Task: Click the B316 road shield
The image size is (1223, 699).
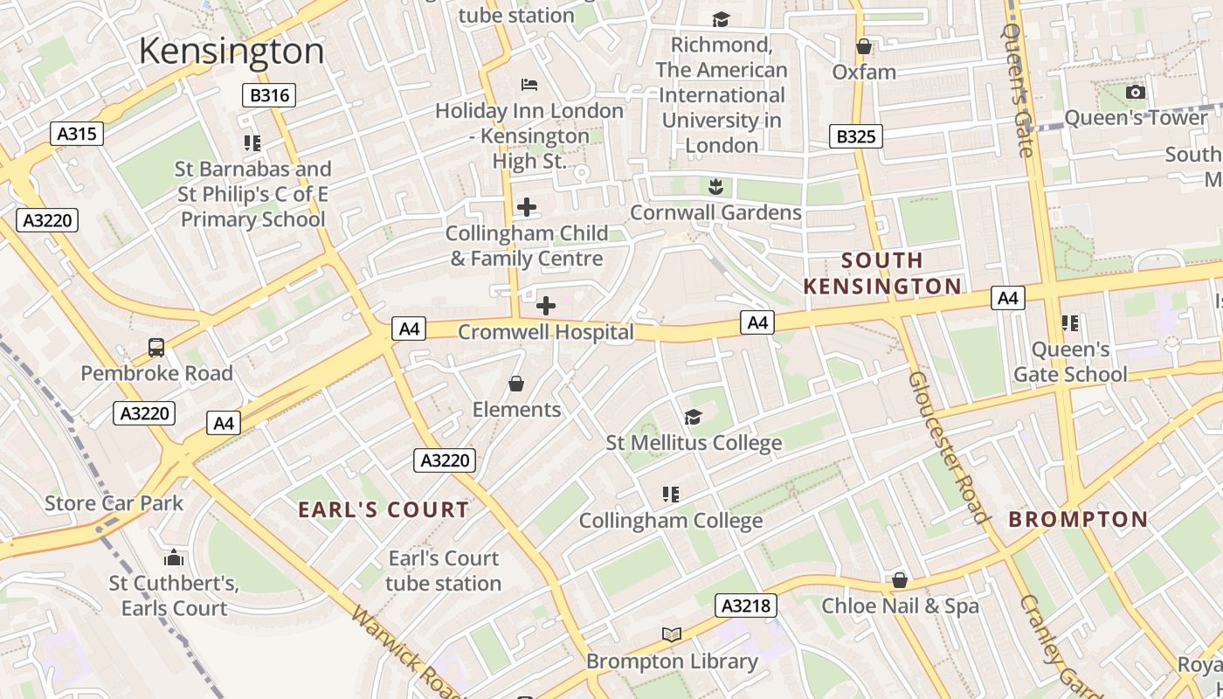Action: (x=269, y=95)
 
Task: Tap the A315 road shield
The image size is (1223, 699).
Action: (x=77, y=134)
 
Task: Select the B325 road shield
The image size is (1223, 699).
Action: (x=855, y=136)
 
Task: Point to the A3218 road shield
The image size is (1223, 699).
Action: (x=746, y=606)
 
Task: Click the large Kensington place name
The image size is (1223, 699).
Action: (x=231, y=52)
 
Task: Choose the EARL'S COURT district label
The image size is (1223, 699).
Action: (x=383, y=510)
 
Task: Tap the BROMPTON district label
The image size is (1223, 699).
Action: (x=1078, y=520)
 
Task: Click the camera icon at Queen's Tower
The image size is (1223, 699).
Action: (x=1135, y=92)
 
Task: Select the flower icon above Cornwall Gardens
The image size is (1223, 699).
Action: (x=715, y=186)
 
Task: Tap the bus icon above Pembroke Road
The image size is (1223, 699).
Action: (x=156, y=348)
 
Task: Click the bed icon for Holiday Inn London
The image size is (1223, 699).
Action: (x=529, y=85)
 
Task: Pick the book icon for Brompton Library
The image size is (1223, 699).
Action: (x=671, y=635)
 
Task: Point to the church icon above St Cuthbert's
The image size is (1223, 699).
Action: (x=174, y=557)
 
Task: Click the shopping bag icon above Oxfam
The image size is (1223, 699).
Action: (x=864, y=46)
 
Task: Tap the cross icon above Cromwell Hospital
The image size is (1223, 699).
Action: (x=546, y=306)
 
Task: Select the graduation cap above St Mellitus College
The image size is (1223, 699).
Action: (x=694, y=417)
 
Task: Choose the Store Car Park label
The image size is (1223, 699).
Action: (x=114, y=503)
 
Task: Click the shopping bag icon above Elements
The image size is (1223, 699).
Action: (x=516, y=384)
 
